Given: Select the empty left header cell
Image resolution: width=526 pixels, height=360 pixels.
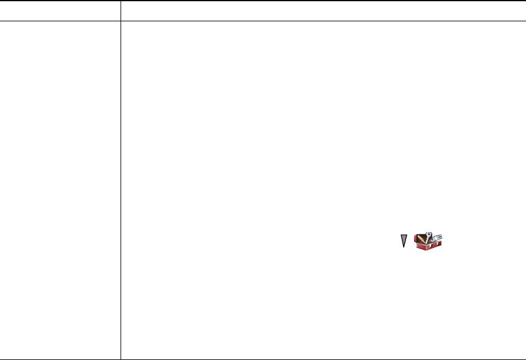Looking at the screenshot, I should click(x=60, y=11).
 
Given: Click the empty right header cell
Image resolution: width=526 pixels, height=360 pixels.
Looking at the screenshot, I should click(x=323, y=11).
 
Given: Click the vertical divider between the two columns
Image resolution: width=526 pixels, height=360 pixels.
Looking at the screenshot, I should click(x=121, y=183).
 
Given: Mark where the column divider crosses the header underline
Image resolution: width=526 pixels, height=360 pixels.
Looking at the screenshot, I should click(x=121, y=21).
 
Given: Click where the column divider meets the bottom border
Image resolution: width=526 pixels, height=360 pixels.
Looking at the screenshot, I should click(x=121, y=359).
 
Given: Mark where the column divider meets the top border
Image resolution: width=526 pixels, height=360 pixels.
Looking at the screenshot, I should click(x=121, y=1).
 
